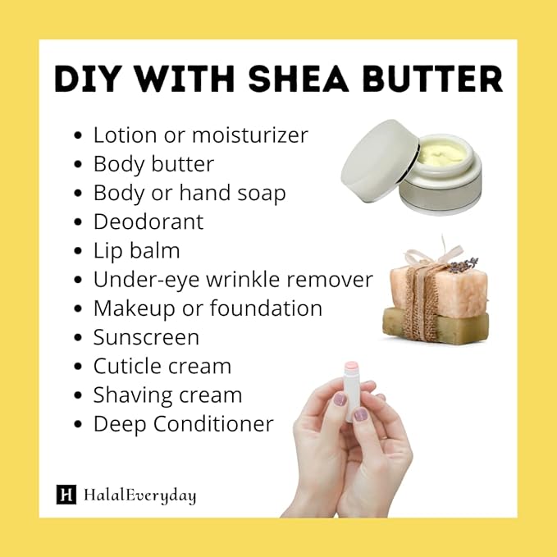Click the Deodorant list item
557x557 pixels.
click(148, 221)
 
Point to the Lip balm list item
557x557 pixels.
click(136, 250)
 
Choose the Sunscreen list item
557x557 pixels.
click(146, 337)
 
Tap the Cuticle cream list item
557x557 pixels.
click(162, 366)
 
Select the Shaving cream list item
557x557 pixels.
click(167, 395)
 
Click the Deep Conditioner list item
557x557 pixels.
click(183, 423)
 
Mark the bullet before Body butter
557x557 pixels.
click(78, 165)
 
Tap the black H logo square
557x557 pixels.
click(66, 495)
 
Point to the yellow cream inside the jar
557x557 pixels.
click(442, 153)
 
